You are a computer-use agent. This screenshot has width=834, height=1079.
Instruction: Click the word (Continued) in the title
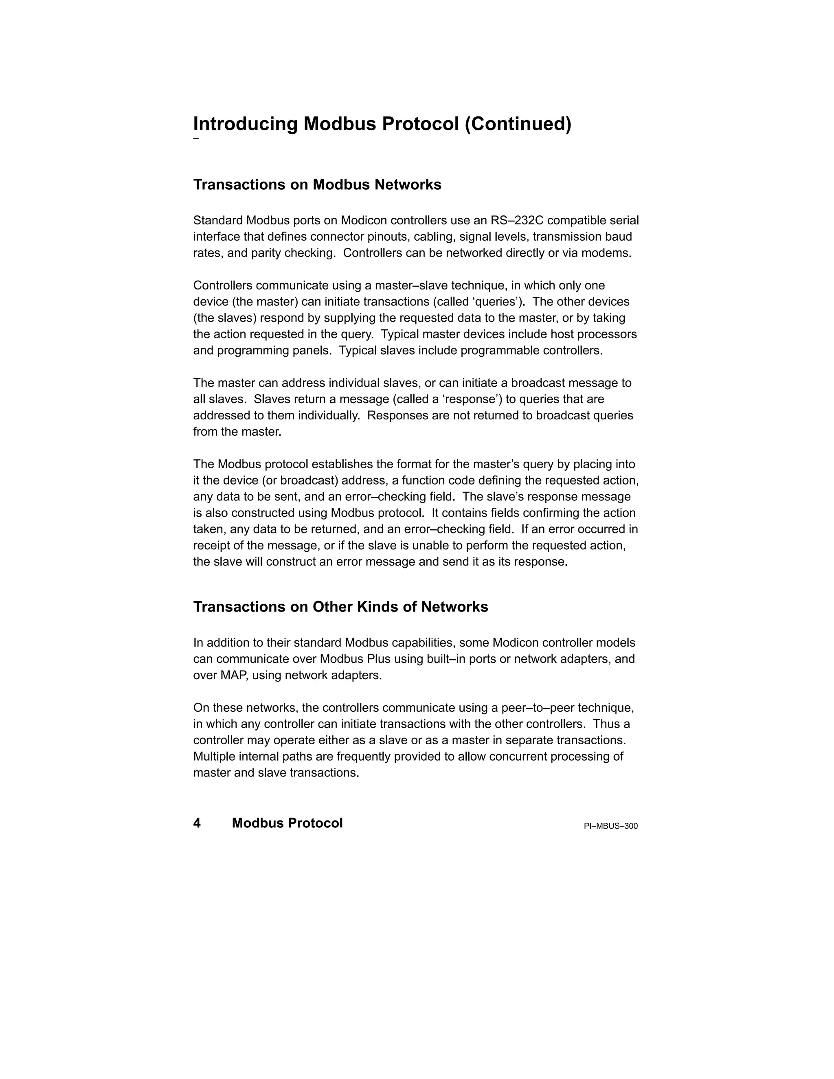[x=518, y=124]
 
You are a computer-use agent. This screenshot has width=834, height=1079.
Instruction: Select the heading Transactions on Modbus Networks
[x=317, y=185]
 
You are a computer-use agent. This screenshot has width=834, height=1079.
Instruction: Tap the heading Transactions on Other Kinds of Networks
[x=340, y=607]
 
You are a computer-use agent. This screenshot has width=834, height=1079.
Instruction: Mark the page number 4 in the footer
[x=197, y=823]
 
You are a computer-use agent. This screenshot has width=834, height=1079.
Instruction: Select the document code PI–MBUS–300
[x=611, y=826]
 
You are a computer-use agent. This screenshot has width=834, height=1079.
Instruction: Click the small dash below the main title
[x=195, y=138]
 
